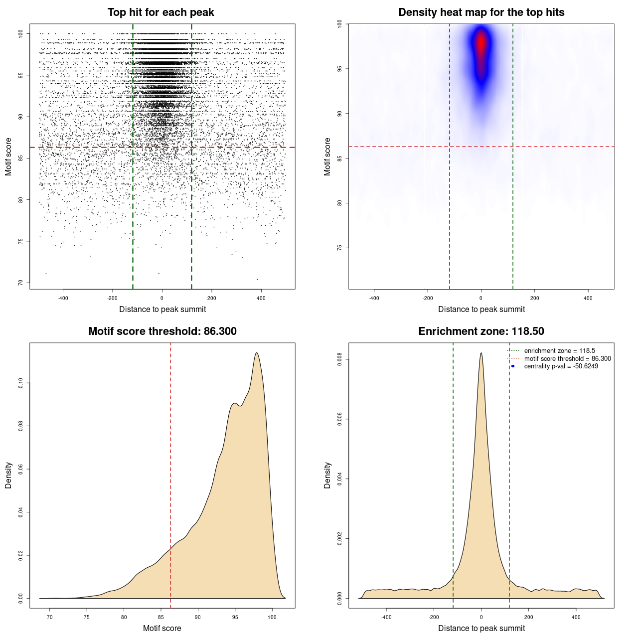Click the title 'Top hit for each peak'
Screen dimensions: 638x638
point(160,12)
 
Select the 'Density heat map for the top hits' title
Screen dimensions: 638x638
point(481,12)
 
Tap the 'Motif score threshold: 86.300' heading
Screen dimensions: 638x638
point(162,331)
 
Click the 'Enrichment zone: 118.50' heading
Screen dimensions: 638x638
point(481,331)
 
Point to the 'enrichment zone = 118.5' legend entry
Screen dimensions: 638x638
point(559,351)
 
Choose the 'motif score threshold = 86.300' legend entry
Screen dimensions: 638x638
point(567,359)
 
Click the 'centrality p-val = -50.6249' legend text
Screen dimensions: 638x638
point(561,366)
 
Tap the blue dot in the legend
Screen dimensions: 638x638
point(513,366)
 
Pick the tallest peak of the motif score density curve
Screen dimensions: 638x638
point(257,353)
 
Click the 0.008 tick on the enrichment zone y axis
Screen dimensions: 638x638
point(340,359)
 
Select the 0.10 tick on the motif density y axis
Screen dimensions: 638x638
point(21,383)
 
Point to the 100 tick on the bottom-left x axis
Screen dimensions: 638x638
point(272,617)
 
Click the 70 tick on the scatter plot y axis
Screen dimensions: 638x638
point(21,283)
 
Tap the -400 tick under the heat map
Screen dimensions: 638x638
point(374,298)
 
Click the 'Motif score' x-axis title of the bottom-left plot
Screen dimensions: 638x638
point(162,628)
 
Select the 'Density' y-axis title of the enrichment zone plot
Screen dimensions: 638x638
point(327,475)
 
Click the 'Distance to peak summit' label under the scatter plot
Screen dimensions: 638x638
point(162,309)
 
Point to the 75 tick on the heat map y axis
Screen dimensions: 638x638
point(340,248)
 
